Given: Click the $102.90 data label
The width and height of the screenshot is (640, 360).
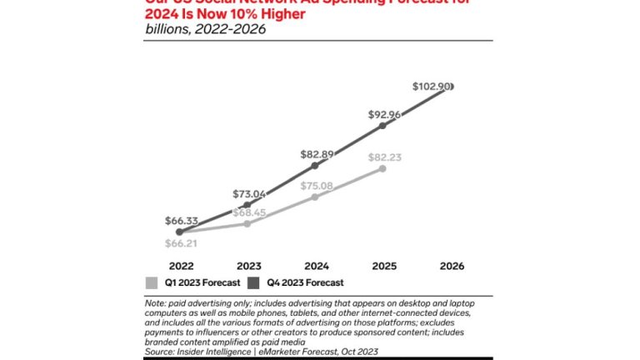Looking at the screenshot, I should tap(432, 86).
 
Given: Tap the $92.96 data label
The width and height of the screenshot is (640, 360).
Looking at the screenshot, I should tap(382, 115).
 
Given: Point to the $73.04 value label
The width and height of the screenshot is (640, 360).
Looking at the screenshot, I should tap(249, 193).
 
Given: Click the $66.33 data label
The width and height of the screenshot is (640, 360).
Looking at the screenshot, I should tap(182, 221).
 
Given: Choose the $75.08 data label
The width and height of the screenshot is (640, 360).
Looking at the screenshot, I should tap(316, 187).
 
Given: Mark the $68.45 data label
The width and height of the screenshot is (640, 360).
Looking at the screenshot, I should tap(249, 212).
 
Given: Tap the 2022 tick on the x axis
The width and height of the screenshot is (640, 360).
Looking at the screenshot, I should tap(182, 266).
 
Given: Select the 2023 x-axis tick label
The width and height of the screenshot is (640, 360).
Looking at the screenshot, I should tap(248, 266).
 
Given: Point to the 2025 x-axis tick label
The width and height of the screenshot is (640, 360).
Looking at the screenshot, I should tap(382, 266).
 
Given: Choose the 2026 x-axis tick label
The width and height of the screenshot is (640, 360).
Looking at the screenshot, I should tap(450, 266).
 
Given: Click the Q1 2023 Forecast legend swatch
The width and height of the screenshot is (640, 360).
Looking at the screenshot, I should tap(151, 282).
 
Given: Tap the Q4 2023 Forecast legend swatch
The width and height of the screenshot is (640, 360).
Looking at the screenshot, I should tap(252, 282).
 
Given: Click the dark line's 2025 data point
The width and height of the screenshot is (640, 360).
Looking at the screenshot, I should tap(383, 126).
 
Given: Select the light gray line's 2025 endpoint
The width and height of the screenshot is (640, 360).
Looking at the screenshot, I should tap(383, 168).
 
